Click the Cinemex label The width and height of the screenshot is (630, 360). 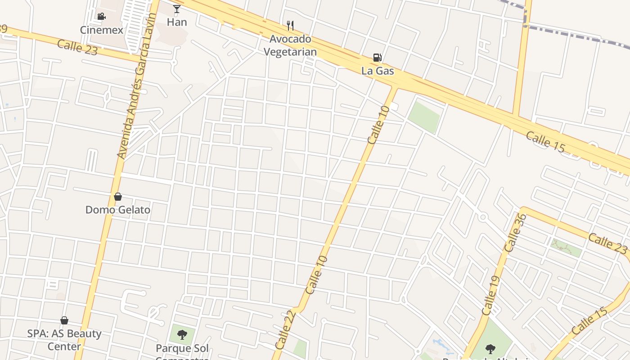[101, 30]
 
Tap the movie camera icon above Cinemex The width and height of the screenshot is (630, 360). [101, 17]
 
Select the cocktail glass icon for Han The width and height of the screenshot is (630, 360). [177, 9]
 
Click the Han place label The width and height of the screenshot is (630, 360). [177, 22]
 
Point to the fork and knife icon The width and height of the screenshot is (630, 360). [290, 26]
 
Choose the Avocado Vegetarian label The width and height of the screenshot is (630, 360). [290, 45]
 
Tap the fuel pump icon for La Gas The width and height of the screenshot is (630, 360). [378, 58]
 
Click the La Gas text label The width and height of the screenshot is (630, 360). [378, 71]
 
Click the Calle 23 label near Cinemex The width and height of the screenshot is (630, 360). [77, 47]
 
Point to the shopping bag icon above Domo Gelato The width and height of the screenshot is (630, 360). [118, 197]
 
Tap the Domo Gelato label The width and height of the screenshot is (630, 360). [118, 210]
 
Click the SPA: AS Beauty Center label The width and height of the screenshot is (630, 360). [64, 340]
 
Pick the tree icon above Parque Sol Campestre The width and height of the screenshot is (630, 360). [182, 334]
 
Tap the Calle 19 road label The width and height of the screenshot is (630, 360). [490, 296]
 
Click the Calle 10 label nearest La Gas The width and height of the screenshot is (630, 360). [378, 125]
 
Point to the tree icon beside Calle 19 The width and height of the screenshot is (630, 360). [490, 349]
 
